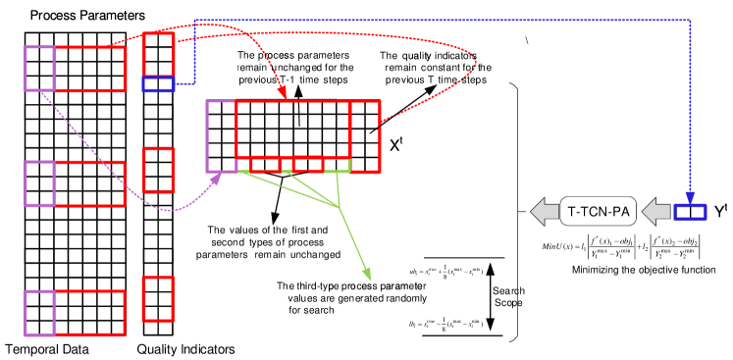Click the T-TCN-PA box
[599, 211]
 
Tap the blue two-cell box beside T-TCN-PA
[690, 211]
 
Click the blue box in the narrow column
[158, 83]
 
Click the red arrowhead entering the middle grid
[284, 94]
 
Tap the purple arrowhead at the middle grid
[218, 178]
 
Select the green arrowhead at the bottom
[368, 276]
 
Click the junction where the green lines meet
[339, 207]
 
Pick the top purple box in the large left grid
[39, 69]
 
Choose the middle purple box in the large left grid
[39, 183]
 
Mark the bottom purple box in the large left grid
[39, 313]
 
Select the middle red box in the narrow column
[158, 170]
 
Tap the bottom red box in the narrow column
[158, 298]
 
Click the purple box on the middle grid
[221, 136]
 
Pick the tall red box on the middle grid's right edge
[365, 136]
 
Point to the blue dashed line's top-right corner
[690, 20]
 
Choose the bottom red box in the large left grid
[89, 313]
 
